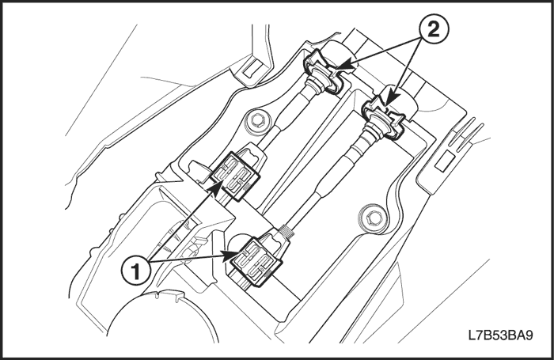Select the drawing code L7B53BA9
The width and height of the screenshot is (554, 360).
(x=501, y=335)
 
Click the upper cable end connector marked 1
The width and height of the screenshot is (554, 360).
(x=236, y=176)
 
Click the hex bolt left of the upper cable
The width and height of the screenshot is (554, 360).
(x=257, y=122)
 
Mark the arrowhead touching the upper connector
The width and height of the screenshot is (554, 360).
(x=214, y=188)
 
